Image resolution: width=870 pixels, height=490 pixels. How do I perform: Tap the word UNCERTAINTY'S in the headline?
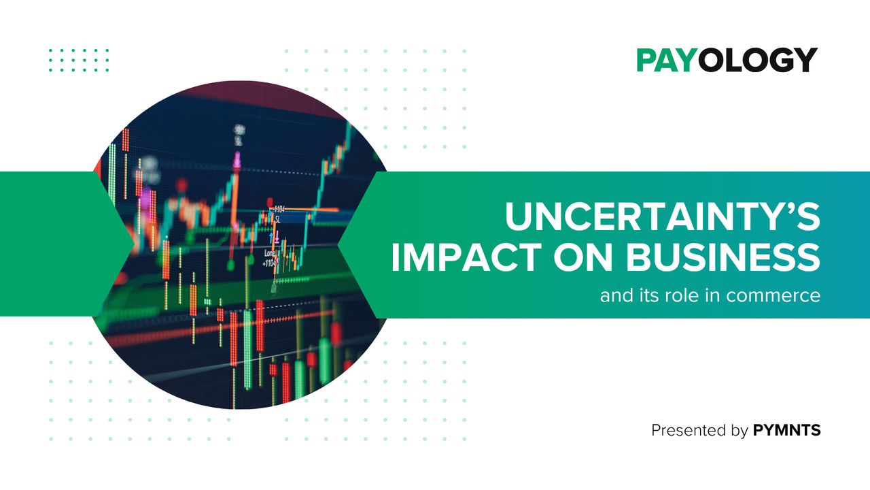[663, 216]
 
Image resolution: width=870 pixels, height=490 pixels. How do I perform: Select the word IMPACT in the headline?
[466, 257]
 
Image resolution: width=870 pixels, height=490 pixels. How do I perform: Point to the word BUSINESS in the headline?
[723, 257]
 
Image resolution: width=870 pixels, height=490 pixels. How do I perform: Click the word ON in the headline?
[584, 257]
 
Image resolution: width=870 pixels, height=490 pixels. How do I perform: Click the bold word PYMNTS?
[786, 431]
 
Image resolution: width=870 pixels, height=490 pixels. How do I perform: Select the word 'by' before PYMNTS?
[739, 431]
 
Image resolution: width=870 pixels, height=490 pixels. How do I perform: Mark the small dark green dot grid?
[79, 61]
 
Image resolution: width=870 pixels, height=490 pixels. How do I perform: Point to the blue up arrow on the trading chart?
[271, 238]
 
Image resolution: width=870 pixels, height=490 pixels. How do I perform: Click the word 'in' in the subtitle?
[713, 295]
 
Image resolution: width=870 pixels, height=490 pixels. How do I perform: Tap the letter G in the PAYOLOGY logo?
[778, 60]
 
